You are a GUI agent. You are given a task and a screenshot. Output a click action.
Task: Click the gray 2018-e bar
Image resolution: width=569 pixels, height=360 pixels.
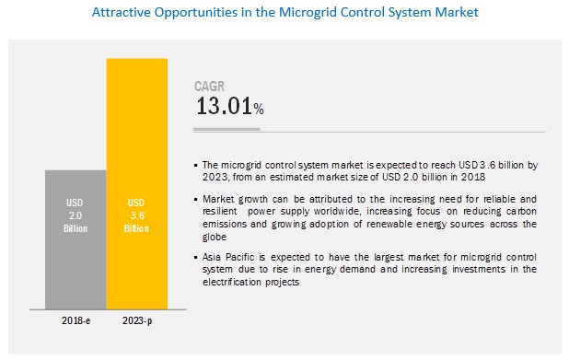tap(75, 240)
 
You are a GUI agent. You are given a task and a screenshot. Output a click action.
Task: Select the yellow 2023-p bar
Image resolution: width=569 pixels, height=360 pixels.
tap(137, 184)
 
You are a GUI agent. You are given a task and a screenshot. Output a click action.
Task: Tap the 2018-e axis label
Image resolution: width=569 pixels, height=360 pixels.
tap(75, 320)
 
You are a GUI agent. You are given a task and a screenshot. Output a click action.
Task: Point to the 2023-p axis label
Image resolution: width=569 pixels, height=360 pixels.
tap(137, 321)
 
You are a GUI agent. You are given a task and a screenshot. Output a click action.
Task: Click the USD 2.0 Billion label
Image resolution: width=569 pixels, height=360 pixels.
tap(75, 215)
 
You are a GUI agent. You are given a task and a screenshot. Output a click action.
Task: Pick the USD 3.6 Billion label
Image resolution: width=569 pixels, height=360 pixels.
tap(136, 215)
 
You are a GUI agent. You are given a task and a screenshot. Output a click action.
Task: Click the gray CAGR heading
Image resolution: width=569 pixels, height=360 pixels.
tap(209, 87)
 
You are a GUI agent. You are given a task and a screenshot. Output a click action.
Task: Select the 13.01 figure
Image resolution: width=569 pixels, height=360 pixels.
tap(224, 106)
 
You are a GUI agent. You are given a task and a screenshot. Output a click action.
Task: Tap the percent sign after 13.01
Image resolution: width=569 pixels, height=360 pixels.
tap(259, 109)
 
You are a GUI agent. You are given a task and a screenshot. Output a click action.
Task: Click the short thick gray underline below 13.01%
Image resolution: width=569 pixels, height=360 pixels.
tap(226, 129)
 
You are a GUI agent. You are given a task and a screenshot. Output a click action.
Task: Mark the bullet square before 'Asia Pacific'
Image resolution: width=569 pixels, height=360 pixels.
tap(196, 258)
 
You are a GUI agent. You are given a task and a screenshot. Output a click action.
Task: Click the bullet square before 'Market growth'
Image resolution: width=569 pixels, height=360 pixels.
tap(196, 200)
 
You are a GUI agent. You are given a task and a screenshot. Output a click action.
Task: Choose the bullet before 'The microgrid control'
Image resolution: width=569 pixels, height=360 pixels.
tap(196, 166)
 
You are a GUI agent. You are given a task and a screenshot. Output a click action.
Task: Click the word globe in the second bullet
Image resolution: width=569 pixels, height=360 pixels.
tap(215, 237)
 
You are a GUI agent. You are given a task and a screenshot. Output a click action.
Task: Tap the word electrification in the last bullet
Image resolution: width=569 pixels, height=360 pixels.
tap(231, 282)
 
